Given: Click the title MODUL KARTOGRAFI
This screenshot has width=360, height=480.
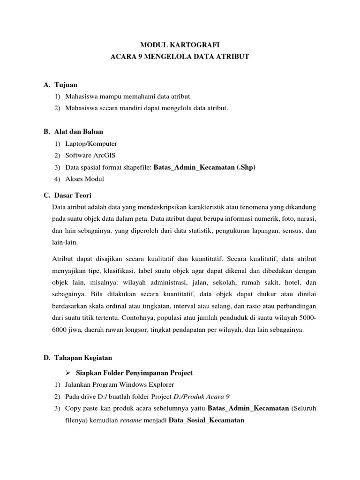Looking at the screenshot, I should pyautogui.click(x=180, y=45).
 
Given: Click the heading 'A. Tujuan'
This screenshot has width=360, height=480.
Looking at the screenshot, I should pyautogui.click(x=60, y=85).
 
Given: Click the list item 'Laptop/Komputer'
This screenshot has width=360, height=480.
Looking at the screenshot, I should pyautogui.click(x=91, y=143).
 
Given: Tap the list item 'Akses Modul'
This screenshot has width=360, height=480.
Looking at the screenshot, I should pyautogui.click(x=85, y=179).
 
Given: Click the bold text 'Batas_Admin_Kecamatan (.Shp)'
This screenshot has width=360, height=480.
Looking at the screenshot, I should pyautogui.click(x=205, y=167).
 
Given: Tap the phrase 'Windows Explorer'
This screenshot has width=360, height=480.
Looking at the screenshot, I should pyautogui.click(x=144, y=385).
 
